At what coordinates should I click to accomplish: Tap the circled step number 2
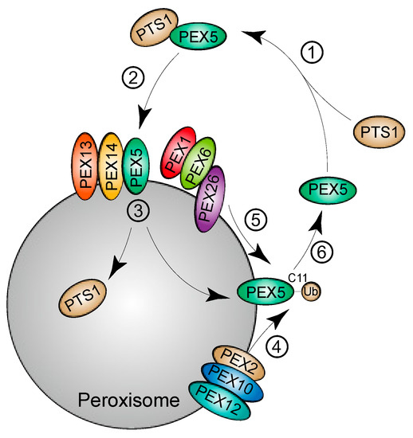(x=132, y=79)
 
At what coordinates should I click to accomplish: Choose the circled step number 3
(x=140, y=213)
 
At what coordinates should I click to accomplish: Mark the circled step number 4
(x=297, y=344)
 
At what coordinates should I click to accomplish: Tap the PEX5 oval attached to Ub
(x=268, y=292)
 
